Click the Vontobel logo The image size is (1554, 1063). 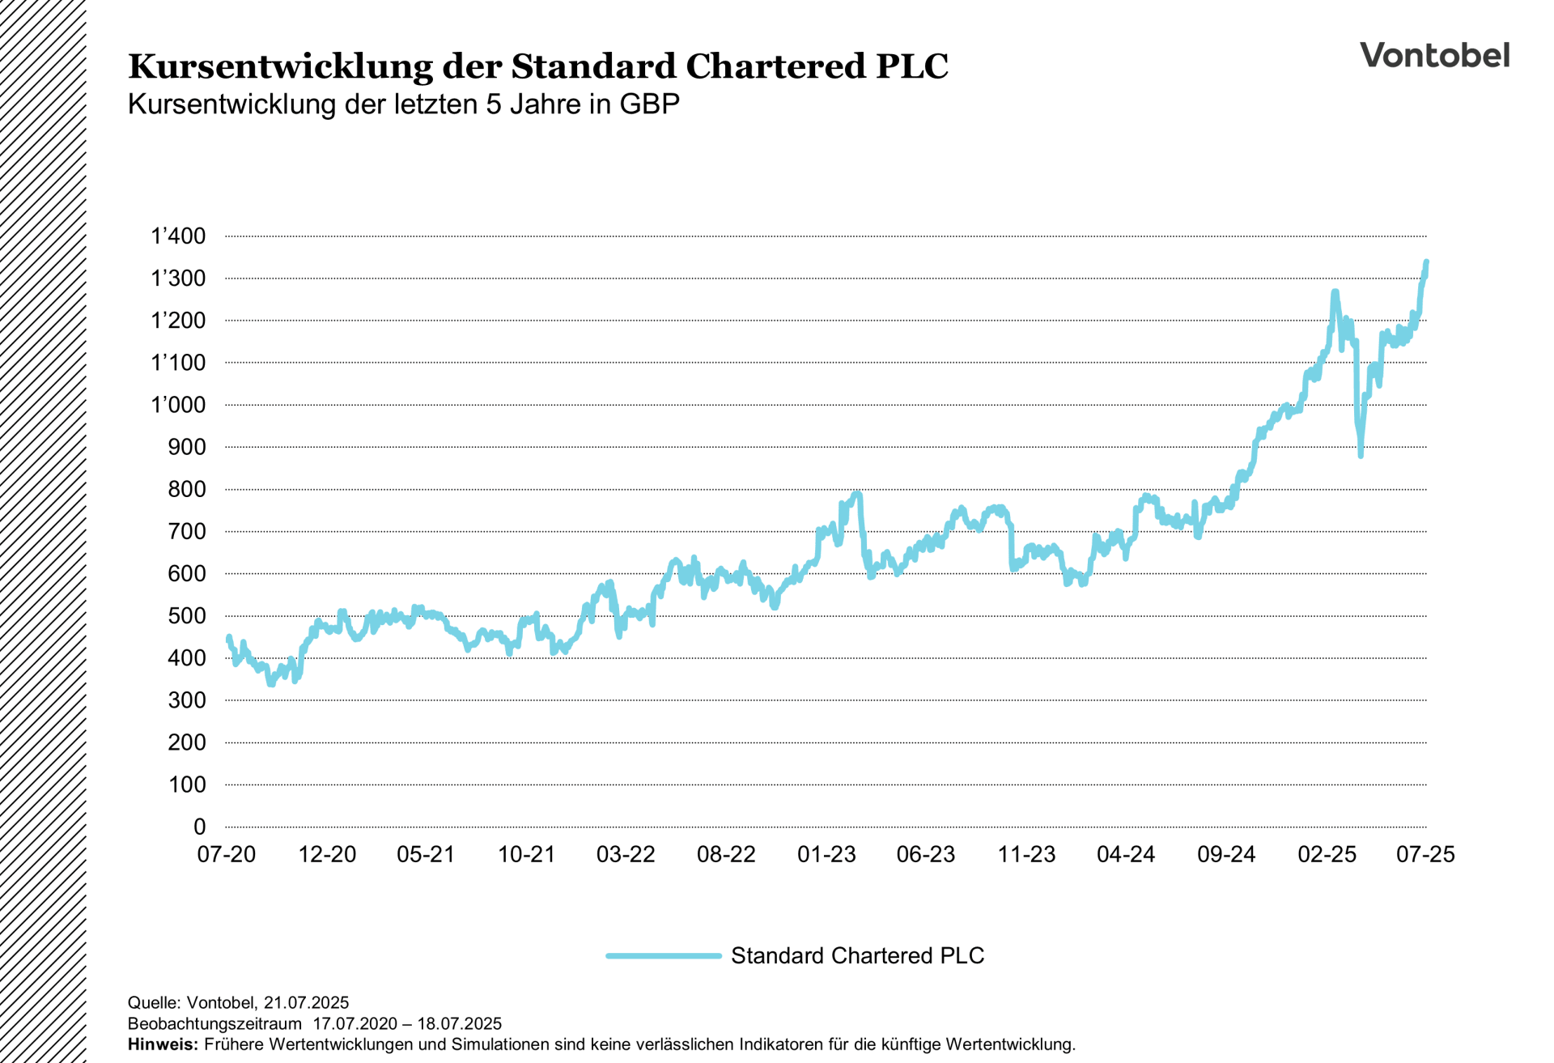click(x=1434, y=55)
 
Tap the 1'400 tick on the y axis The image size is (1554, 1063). click(x=179, y=236)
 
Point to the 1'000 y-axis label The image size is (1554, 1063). click(x=179, y=405)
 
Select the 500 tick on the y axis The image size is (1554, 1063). click(x=187, y=616)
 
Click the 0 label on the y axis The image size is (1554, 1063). click(x=200, y=827)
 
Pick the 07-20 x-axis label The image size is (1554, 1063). click(x=227, y=854)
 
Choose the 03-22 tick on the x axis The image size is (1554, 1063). click(x=626, y=854)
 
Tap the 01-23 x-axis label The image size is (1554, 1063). click(x=826, y=854)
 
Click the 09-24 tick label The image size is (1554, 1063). click(x=1226, y=854)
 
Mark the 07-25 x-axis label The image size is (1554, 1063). click(x=1425, y=854)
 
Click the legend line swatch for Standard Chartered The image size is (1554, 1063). click(x=664, y=955)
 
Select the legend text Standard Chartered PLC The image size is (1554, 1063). click(x=857, y=955)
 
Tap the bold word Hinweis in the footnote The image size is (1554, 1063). click(x=163, y=1044)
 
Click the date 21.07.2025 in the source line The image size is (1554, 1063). click(x=306, y=1003)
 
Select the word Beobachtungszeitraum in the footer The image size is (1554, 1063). click(x=214, y=1023)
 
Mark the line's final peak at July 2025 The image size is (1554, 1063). click(x=1426, y=262)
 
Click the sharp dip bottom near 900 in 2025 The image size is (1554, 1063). click(x=1361, y=455)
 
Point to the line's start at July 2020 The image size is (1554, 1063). click(x=228, y=637)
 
